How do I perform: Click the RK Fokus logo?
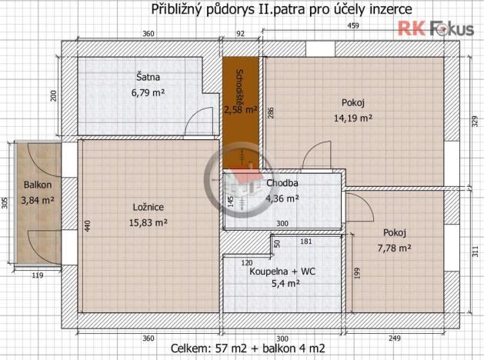(435, 29)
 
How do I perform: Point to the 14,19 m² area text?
(353, 118)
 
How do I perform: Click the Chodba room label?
(282, 183)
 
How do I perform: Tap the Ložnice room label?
(148, 206)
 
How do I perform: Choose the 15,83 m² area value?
(148, 222)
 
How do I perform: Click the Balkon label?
(37, 185)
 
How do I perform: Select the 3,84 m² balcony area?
(37, 200)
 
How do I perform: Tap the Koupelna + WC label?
(282, 271)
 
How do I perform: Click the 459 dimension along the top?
(353, 25)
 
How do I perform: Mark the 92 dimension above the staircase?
(240, 34)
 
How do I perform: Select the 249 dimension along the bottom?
(396, 338)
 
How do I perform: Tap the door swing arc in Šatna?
(199, 121)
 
